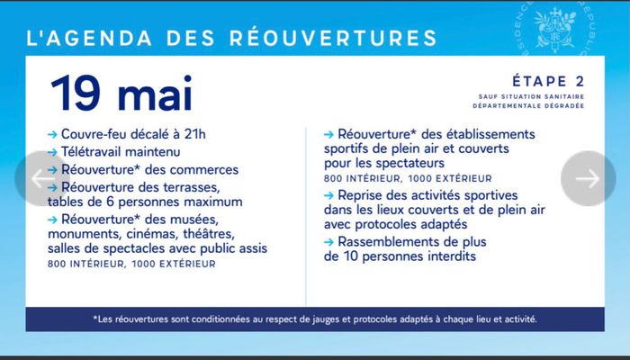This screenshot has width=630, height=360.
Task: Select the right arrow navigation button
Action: [588, 178]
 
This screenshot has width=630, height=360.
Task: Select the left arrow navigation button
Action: [40, 178]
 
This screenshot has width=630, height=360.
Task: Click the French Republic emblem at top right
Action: [550, 27]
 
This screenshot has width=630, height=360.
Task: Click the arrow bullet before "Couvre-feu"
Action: [52, 135]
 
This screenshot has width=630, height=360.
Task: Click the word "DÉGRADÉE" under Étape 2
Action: [564, 106]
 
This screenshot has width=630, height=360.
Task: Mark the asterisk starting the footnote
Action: [95, 318]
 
